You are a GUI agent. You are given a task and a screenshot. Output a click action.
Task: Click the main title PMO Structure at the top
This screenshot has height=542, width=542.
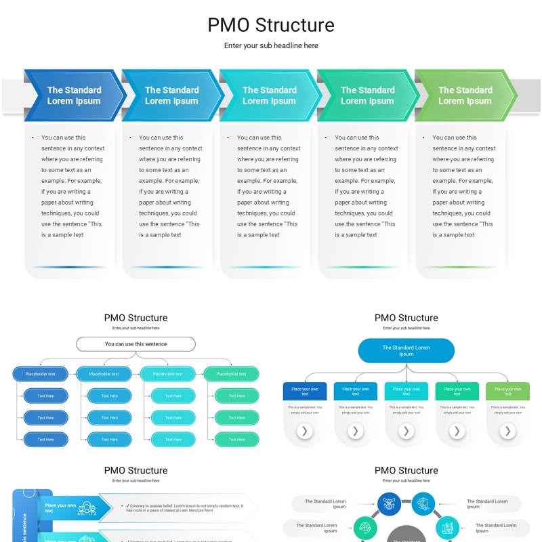(x=271, y=25)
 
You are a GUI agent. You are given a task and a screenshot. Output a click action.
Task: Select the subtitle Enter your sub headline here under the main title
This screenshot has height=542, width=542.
(x=271, y=46)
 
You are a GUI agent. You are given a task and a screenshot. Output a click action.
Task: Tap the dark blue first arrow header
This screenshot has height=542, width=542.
(x=74, y=96)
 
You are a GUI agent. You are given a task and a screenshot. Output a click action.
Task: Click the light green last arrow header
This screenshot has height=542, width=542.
(x=465, y=96)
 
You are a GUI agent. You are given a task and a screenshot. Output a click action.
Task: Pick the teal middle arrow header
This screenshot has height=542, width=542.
(x=270, y=96)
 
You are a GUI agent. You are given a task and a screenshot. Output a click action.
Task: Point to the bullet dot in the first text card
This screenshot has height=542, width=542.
(x=33, y=138)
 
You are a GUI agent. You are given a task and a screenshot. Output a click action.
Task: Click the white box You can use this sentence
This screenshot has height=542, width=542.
(x=135, y=344)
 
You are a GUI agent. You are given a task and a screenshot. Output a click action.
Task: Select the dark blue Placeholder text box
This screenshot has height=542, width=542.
(x=41, y=374)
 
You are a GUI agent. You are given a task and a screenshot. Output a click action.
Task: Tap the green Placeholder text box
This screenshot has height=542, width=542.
(x=231, y=374)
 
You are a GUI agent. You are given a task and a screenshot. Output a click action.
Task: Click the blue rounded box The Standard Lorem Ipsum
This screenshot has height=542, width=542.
(x=406, y=351)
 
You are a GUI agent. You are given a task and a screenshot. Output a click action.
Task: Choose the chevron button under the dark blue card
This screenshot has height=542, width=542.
(x=305, y=431)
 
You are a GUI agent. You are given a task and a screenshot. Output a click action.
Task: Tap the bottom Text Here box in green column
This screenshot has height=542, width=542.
(x=236, y=440)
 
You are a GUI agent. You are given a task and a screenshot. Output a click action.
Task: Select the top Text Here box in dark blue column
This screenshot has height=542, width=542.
(x=45, y=396)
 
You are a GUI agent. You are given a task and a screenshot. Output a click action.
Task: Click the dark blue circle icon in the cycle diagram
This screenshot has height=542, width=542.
(x=389, y=504)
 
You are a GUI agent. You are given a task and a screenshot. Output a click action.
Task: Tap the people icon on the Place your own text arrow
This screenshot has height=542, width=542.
(x=87, y=507)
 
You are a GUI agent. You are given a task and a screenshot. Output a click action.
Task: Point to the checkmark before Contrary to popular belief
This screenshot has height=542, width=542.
(x=128, y=505)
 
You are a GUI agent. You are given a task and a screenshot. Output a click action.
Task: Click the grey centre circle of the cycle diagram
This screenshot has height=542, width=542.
(x=406, y=535)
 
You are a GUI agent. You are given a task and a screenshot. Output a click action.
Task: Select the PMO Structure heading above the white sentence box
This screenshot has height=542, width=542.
(x=135, y=318)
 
